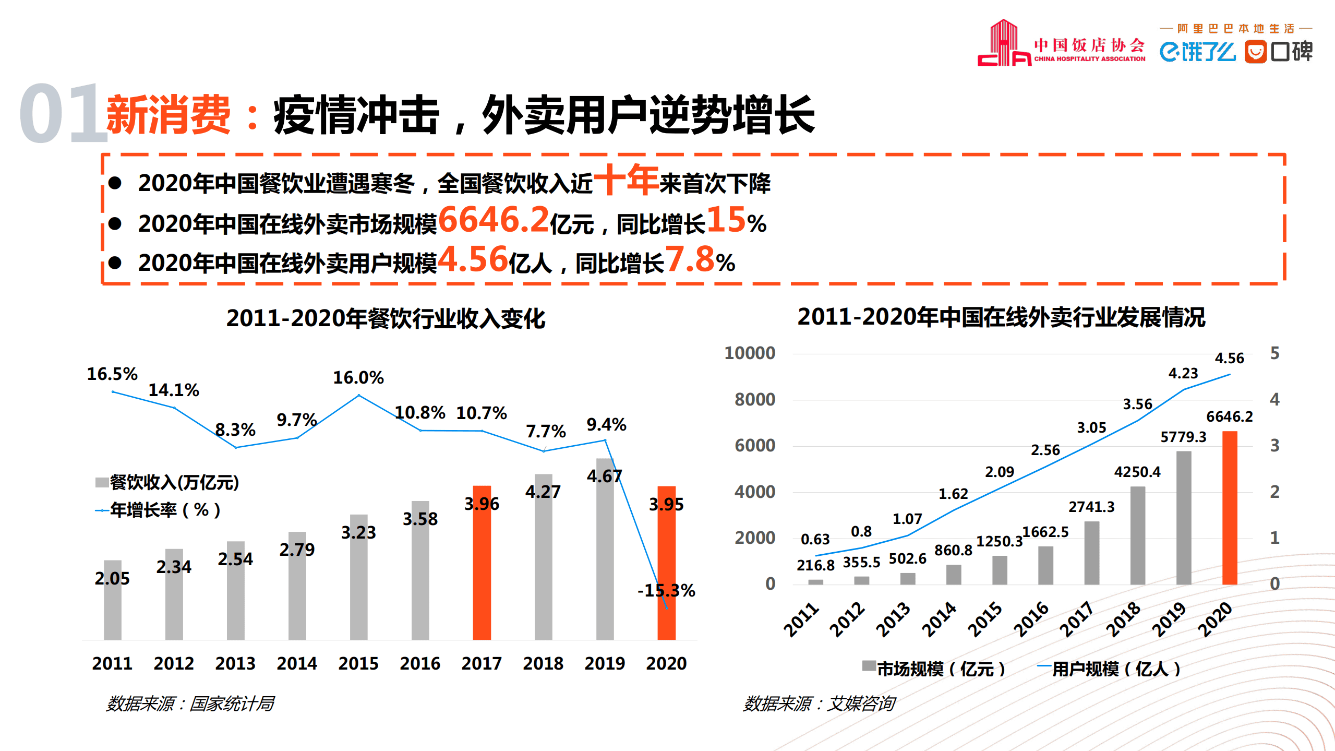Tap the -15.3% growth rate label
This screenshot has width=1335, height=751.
coord(666,590)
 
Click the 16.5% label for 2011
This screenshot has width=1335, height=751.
coord(112,374)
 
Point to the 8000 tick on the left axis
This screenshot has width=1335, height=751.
coord(754,400)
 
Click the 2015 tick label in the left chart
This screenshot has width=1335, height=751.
coord(358,663)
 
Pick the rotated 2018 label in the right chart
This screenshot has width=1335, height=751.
coord(1123,619)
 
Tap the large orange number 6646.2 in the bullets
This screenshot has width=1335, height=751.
coord(494,220)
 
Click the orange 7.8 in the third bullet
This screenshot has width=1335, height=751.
coord(689,259)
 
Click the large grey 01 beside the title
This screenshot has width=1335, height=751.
coord(63,113)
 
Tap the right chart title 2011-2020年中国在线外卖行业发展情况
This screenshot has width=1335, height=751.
coord(1001,317)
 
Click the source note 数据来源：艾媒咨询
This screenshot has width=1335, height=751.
coord(819,704)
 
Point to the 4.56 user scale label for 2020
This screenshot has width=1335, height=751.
coord(1229,358)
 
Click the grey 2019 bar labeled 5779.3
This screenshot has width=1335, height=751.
coord(1183,518)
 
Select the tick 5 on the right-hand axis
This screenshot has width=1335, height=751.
coord(1274,353)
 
